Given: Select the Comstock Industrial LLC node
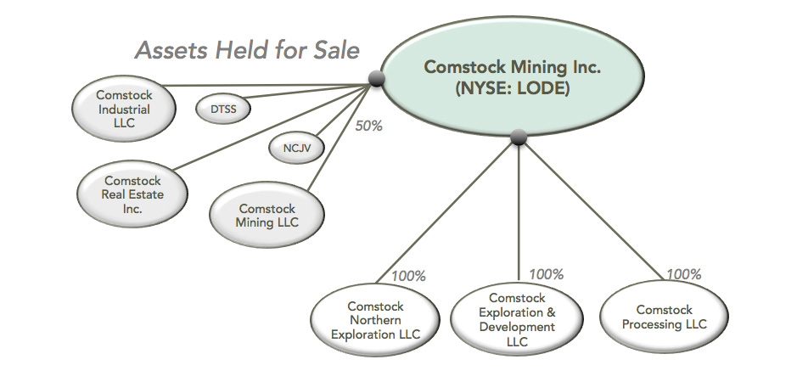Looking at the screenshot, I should (124, 110).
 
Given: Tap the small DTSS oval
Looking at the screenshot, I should (222, 108).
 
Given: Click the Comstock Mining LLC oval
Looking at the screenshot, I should (267, 216).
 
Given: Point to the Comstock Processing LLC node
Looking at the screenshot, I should (664, 317).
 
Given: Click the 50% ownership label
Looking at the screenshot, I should (368, 126).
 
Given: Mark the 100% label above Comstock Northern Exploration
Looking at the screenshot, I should (407, 276).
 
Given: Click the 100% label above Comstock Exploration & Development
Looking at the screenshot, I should (546, 274).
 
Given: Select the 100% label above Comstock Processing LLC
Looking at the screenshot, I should (683, 274).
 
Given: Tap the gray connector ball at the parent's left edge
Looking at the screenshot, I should (378, 81).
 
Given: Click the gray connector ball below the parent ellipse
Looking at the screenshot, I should (519, 138).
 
